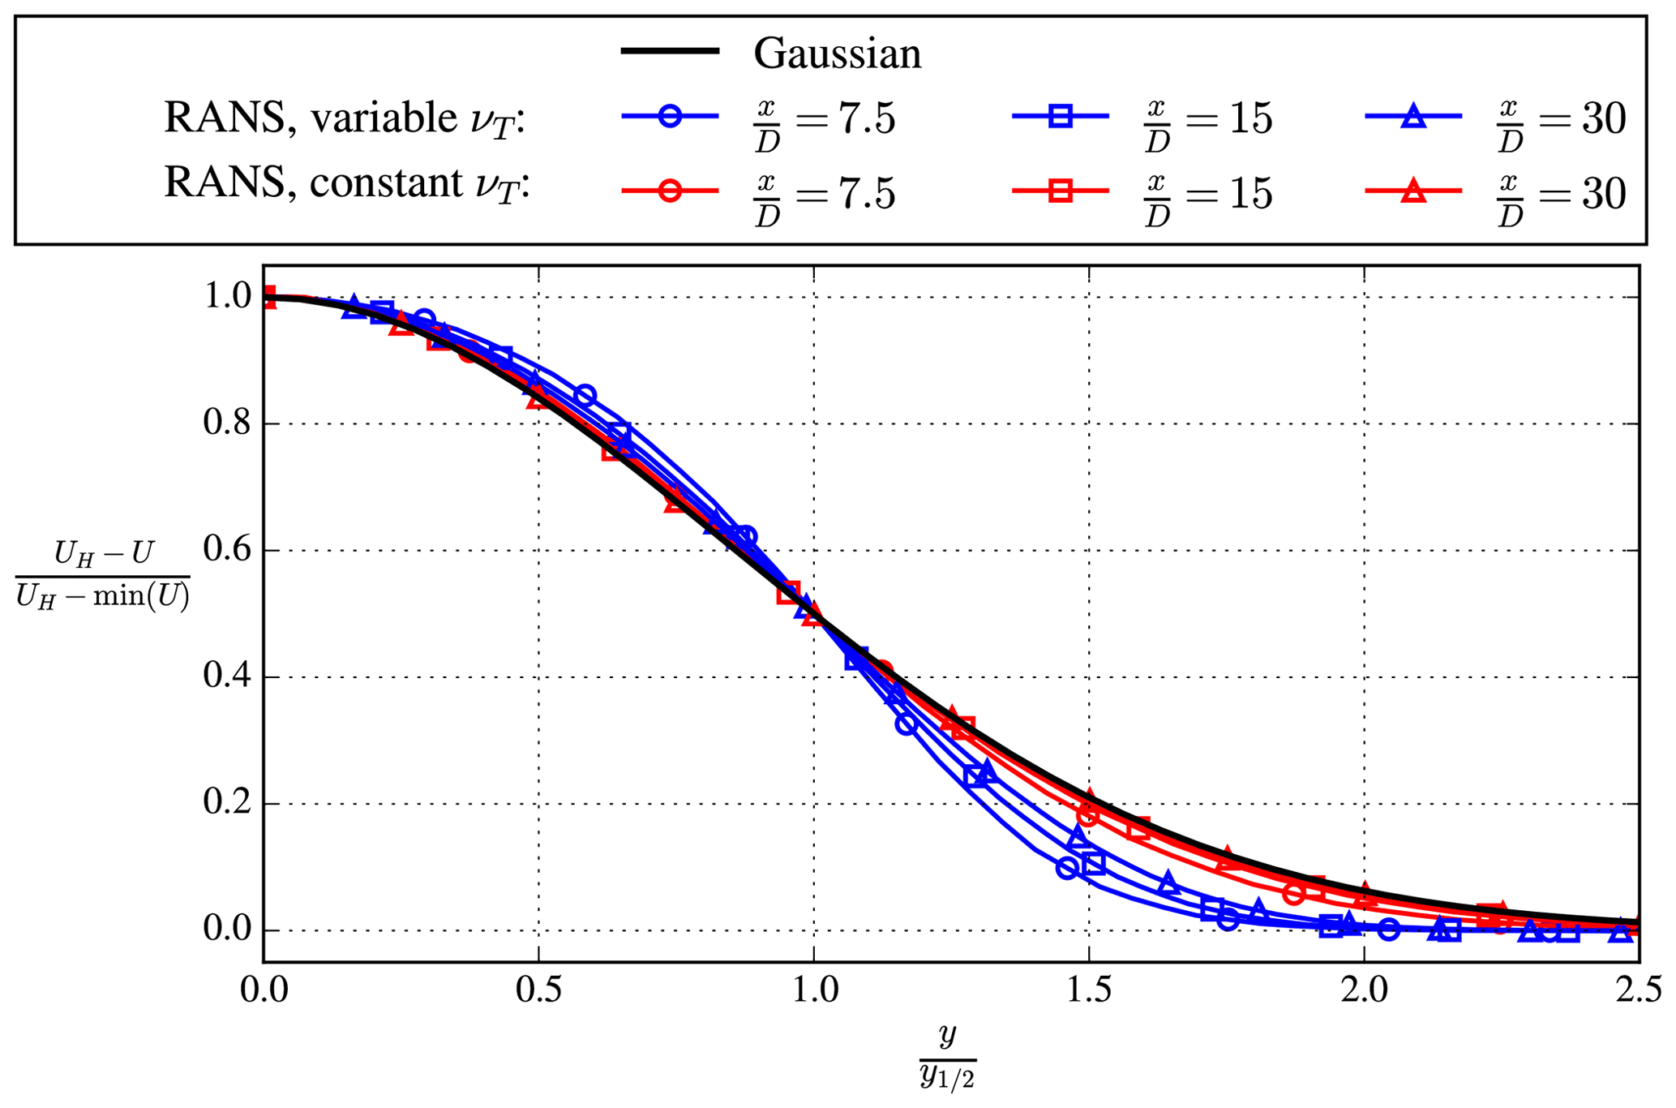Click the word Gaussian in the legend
(837, 54)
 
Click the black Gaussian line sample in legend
(670, 51)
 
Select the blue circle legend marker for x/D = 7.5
(670, 117)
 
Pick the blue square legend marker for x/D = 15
(1060, 117)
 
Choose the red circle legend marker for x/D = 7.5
(670, 191)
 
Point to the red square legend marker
(1060, 191)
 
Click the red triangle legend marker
(1413, 191)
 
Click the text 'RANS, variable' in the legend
(310, 118)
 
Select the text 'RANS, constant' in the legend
(313, 183)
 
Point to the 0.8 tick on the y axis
(227, 423)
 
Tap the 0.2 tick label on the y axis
(227, 803)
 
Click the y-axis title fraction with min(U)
(102, 576)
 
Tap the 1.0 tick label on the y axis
(227, 297)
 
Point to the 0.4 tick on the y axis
(227, 676)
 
